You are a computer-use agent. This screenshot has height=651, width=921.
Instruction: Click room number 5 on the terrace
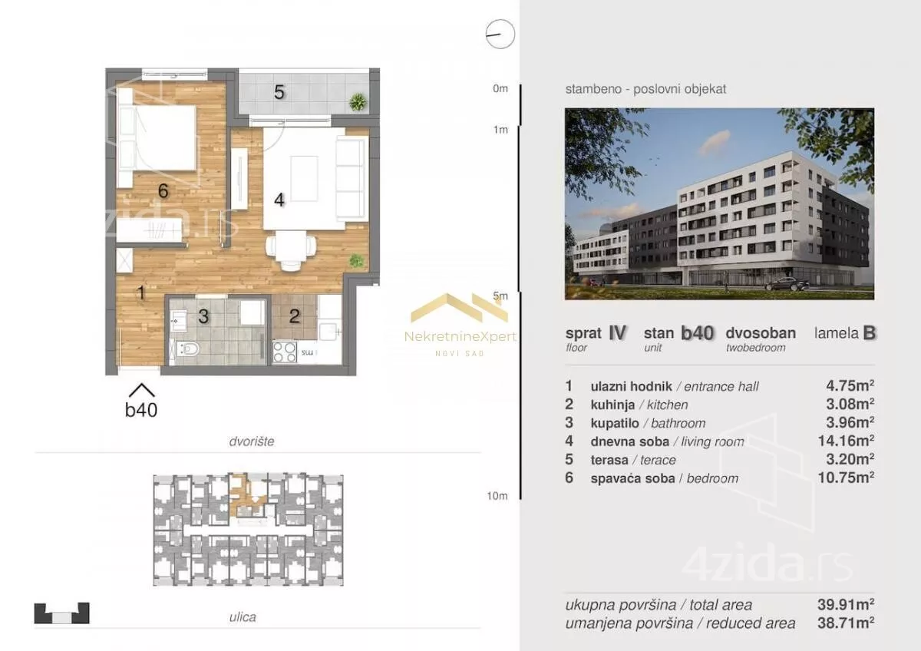279,92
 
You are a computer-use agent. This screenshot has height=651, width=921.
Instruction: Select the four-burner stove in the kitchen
285,352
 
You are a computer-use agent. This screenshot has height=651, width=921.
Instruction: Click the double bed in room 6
157,137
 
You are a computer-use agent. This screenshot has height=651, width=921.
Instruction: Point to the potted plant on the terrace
358,101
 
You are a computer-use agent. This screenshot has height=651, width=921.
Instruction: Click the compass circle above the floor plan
500,34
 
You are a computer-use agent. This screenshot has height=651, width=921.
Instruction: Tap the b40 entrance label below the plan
141,410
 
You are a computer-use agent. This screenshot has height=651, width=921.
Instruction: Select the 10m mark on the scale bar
497,496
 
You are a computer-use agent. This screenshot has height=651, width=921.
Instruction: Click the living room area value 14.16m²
846,441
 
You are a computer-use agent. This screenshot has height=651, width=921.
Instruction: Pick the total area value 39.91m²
846,604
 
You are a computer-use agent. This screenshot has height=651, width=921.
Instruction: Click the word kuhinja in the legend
612,405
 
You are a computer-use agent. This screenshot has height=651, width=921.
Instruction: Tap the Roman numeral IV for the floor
617,333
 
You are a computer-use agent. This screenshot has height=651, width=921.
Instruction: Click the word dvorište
252,441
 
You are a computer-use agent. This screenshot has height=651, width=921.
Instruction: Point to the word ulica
243,617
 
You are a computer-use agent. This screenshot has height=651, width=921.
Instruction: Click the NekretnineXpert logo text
460,337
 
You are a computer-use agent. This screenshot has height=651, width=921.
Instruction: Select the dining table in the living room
291,246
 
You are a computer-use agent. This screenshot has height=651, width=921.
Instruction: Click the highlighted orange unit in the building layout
246,496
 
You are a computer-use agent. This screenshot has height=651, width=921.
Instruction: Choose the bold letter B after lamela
869,333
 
